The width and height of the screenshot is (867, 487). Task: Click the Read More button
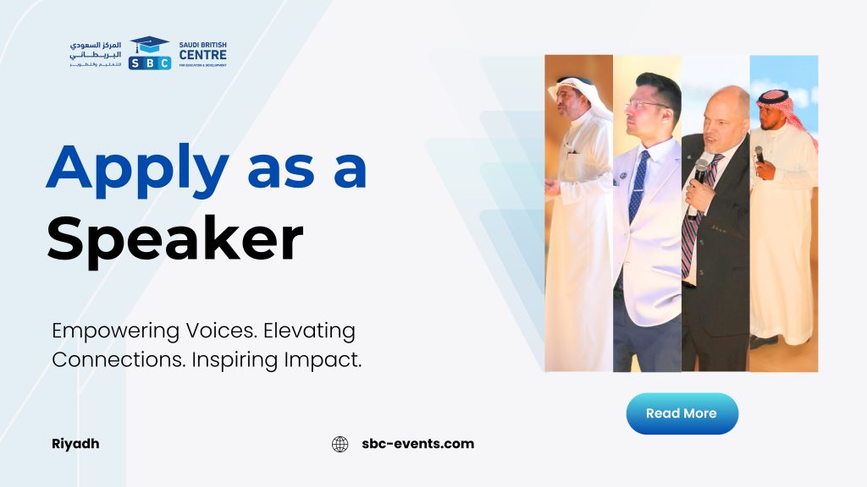click(x=682, y=413)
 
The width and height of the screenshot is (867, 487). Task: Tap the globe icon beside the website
click(x=340, y=444)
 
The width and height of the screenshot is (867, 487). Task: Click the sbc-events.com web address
click(x=418, y=443)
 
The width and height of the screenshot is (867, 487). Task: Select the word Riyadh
click(x=75, y=444)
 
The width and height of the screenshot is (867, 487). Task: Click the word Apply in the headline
click(x=138, y=169)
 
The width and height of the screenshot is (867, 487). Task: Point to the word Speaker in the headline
click(x=175, y=238)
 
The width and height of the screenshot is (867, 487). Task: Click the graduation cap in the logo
click(x=149, y=44)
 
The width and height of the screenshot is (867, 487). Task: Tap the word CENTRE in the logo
click(x=203, y=55)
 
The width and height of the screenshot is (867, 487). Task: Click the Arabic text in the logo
click(x=95, y=54)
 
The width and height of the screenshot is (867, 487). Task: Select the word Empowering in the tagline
click(x=115, y=331)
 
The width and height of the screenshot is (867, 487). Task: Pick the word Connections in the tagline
click(x=119, y=359)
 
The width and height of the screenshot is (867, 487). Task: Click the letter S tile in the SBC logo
click(x=135, y=63)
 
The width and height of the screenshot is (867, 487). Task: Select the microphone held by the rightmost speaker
click(x=759, y=155)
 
